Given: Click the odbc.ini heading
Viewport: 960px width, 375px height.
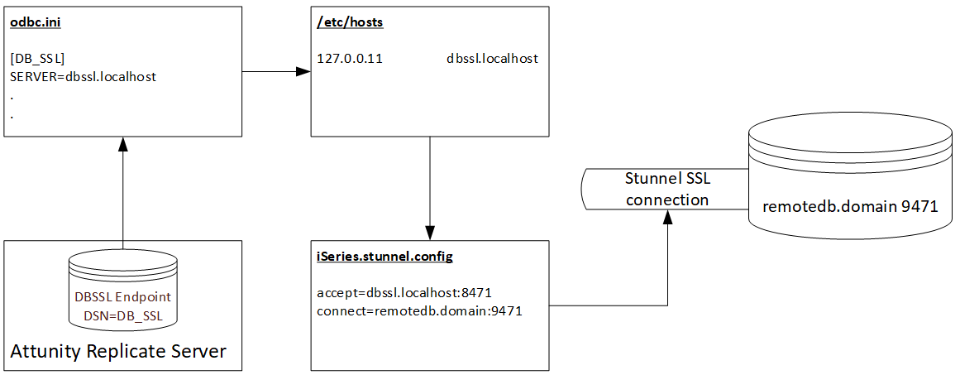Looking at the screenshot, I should [x=36, y=23].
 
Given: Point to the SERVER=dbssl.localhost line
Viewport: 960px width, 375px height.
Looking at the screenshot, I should [x=84, y=76].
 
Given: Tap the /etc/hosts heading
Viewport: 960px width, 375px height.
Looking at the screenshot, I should [x=350, y=23].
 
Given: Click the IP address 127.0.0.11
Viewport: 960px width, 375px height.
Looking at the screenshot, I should [x=350, y=59].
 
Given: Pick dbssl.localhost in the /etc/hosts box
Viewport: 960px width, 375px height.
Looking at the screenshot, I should [x=492, y=59].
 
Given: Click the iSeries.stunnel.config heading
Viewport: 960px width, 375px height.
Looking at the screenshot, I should [x=384, y=257].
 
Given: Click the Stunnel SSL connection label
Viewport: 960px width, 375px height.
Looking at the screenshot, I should [x=666, y=190].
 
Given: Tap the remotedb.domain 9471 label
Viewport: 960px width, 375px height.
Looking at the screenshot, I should [x=850, y=206].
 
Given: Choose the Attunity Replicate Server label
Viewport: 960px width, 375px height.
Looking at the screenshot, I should [x=118, y=351].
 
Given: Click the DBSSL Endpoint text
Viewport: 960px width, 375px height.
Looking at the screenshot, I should [x=122, y=296].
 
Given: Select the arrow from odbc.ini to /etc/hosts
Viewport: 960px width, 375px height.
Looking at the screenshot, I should [x=275, y=72].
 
